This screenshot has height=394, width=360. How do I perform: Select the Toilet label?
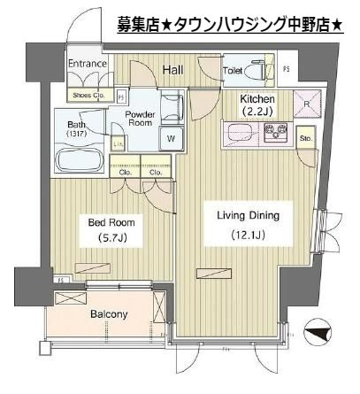point(233,69)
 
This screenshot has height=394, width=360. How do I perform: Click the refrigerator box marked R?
point(306,104)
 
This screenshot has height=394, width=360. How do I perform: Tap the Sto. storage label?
point(306,139)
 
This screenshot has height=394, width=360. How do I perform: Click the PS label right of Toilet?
point(286,68)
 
